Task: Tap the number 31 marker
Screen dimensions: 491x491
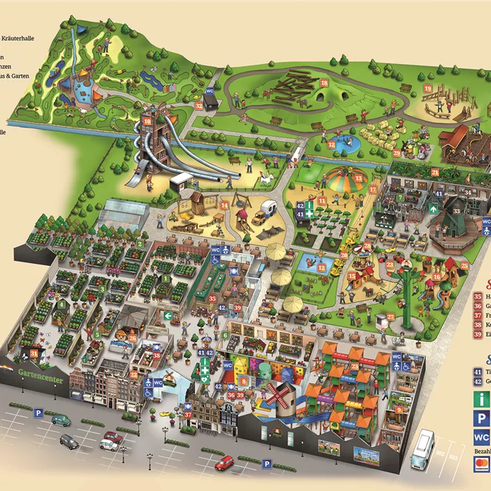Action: point(34,353)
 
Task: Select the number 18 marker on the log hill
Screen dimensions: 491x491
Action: point(324,83)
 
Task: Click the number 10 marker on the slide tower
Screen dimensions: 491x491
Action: point(147,121)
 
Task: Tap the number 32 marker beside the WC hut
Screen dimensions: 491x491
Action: point(199,107)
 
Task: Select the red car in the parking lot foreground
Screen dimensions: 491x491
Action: point(224,463)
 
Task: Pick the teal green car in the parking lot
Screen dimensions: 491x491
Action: point(61,420)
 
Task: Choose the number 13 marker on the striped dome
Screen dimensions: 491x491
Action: point(358,179)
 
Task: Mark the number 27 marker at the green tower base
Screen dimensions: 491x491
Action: point(391,316)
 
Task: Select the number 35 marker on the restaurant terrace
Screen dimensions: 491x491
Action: point(213,298)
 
